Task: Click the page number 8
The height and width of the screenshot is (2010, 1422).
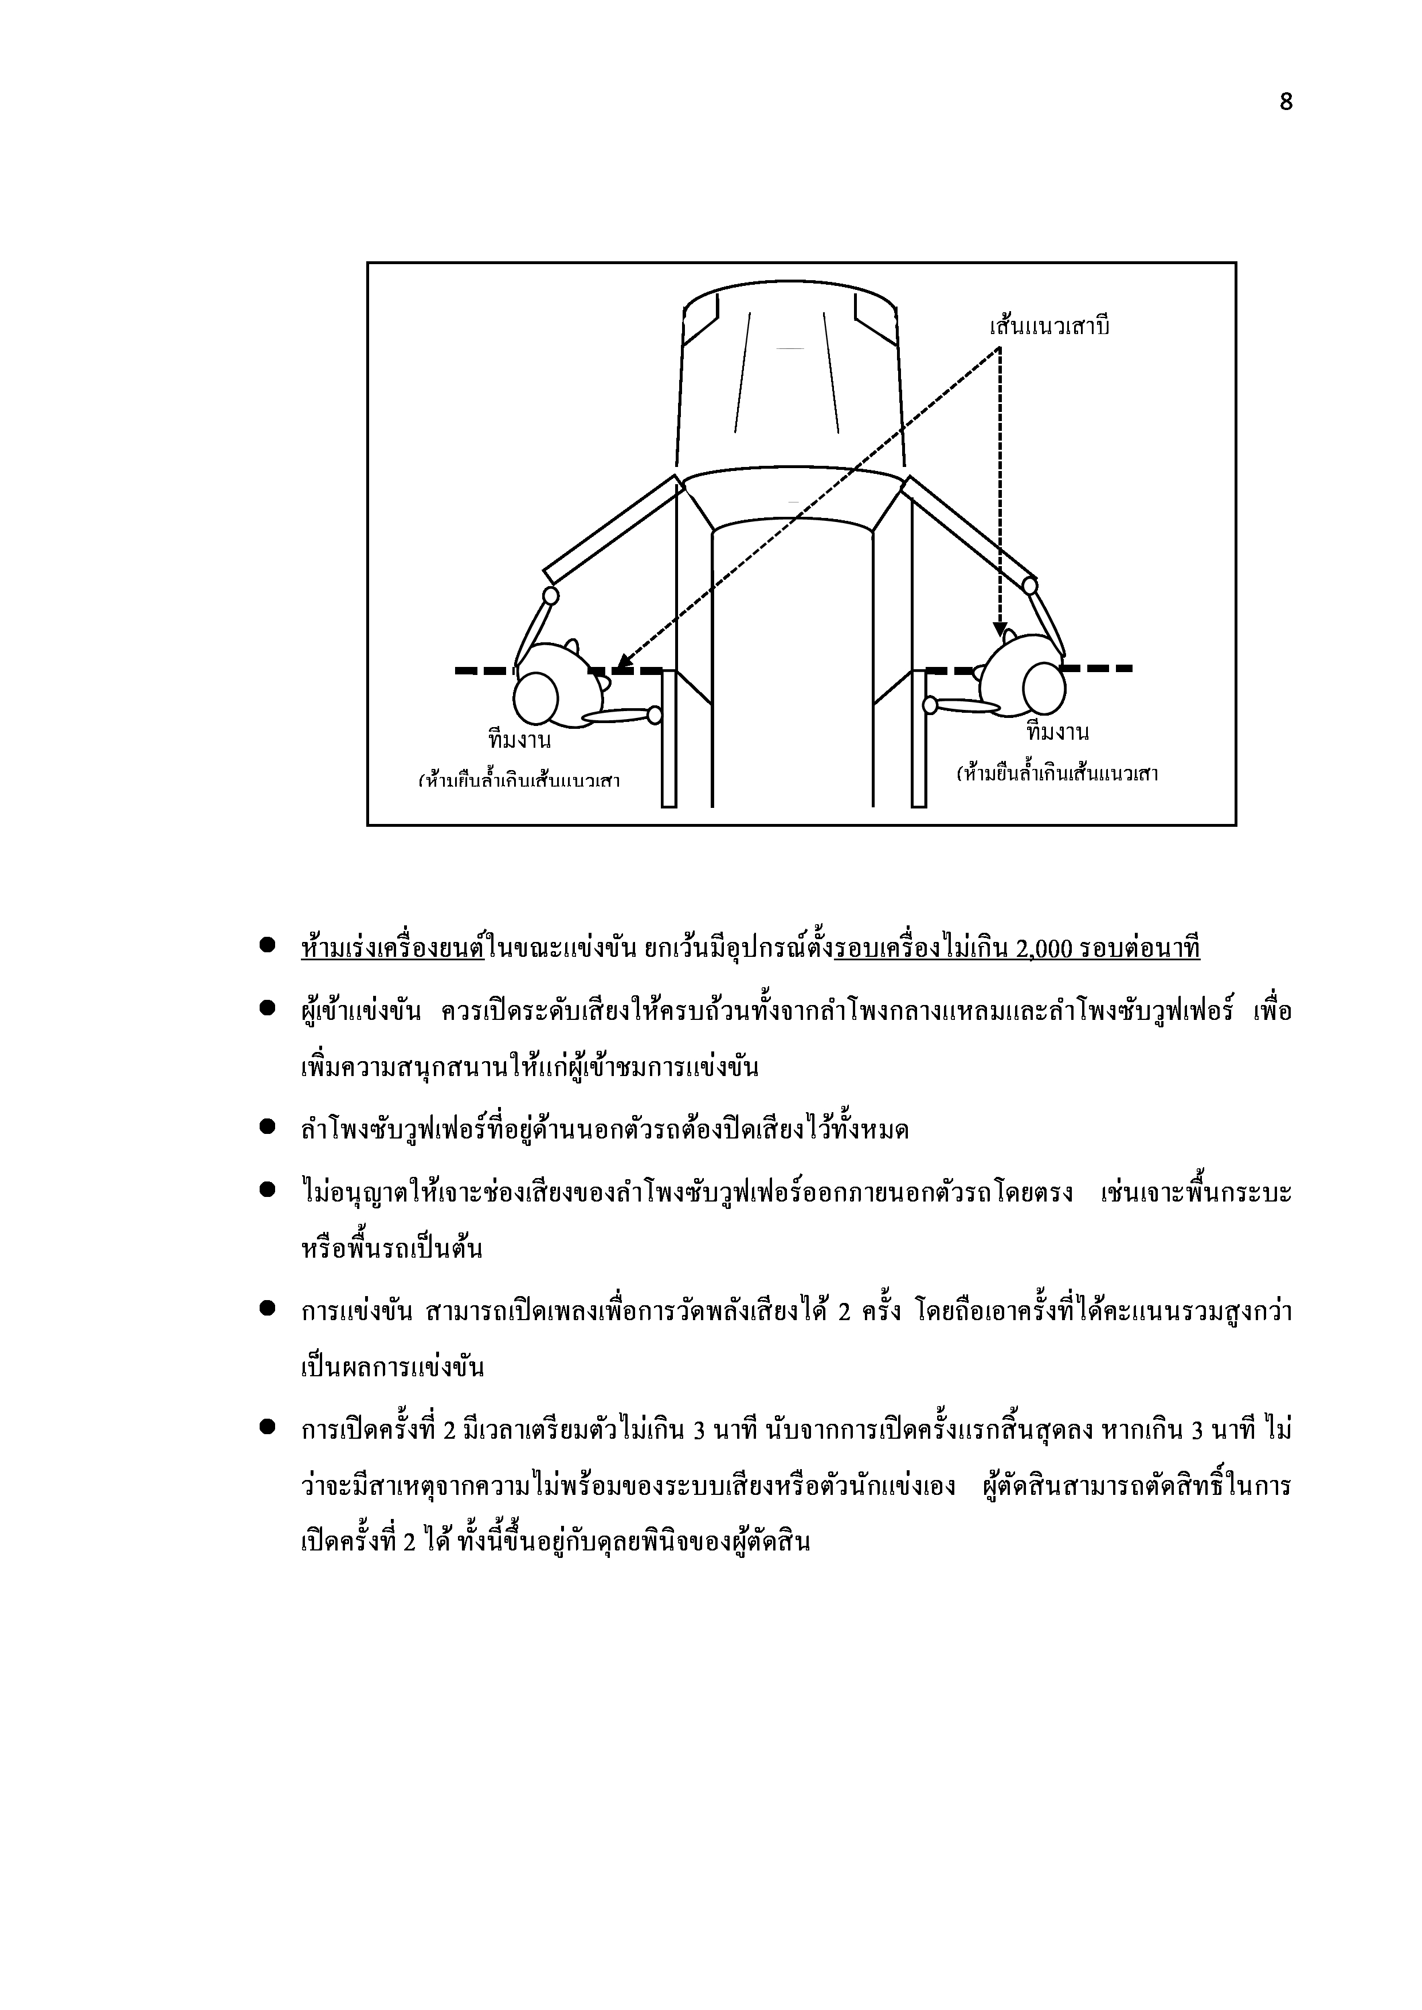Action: click(1286, 103)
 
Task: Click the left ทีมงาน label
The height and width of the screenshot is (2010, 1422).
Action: click(519, 741)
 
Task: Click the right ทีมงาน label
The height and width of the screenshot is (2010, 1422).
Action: click(1057, 732)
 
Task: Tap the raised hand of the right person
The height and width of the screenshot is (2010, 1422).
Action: click(1030, 585)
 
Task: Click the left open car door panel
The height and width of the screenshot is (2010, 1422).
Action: click(611, 529)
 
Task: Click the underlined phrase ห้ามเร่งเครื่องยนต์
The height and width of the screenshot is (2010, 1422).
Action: click(392, 948)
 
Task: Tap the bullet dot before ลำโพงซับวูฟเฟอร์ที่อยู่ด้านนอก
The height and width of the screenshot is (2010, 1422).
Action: click(268, 1128)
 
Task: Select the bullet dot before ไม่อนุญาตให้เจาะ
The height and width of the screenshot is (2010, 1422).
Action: click(268, 1189)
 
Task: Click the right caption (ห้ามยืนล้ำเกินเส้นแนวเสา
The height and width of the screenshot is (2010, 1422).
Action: click(1057, 774)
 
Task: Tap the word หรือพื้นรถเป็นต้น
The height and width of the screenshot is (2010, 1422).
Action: click(390, 1247)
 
